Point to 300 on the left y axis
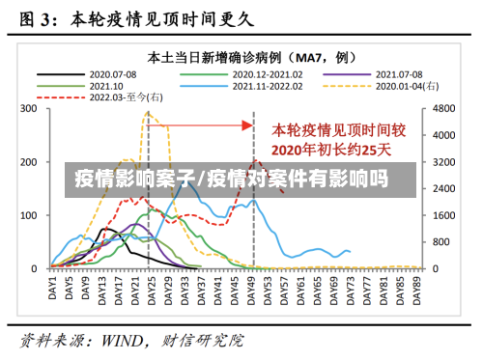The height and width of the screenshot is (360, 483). pos(28,109)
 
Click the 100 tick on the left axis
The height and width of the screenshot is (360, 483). pos(28,215)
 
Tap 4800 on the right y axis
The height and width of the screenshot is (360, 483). pos(443,109)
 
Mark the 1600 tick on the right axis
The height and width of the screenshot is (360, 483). pos(443,215)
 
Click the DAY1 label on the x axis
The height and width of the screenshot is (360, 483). pos(54,287)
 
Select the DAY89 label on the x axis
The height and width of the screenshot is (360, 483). pos(418,287)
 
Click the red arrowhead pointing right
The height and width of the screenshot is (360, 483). pos(247,125)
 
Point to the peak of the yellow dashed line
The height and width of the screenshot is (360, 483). pos(148,112)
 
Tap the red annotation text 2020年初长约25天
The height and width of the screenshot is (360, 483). pos(332,149)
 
